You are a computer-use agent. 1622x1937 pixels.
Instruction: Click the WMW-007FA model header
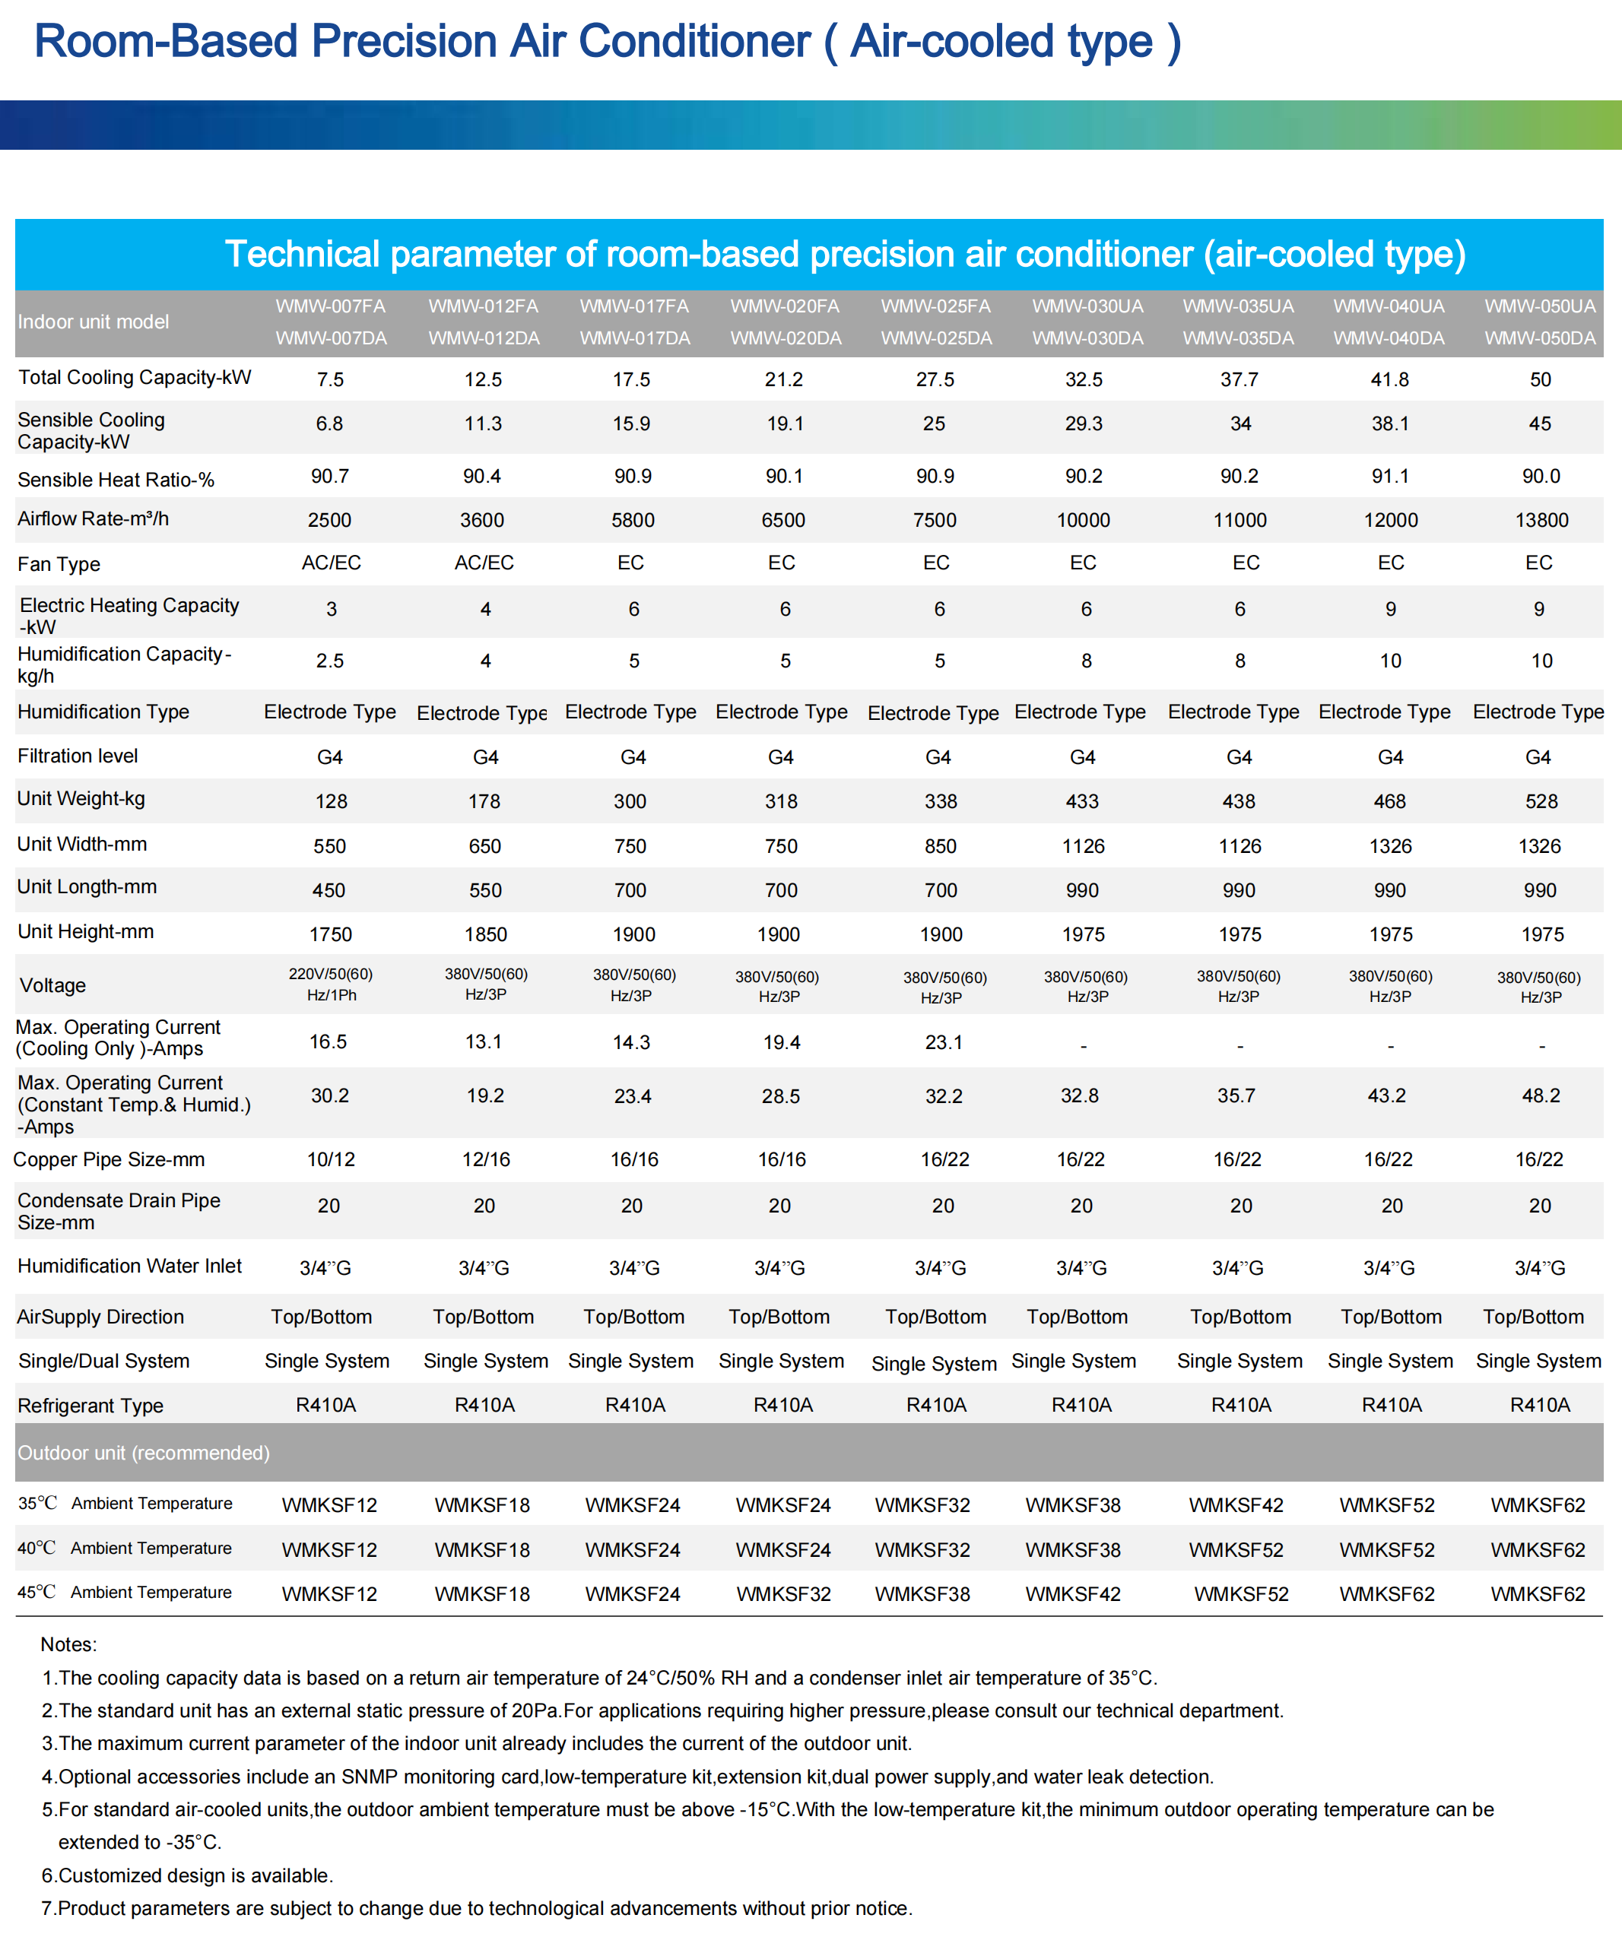point(330,306)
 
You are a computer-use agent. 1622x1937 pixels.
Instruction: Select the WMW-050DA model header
point(1540,338)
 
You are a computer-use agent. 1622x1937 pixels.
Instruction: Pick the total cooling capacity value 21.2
point(783,380)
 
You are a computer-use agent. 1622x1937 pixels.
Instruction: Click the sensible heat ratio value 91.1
point(1389,477)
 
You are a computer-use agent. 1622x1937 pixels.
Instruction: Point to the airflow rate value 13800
point(1541,520)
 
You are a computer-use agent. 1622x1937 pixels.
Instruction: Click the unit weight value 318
point(780,801)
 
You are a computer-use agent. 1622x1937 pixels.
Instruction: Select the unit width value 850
point(940,847)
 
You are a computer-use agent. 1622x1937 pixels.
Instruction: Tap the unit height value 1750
point(330,935)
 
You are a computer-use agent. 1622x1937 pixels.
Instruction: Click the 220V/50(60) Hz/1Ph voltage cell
point(330,985)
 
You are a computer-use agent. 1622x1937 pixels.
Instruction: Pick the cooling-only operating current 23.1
point(943,1043)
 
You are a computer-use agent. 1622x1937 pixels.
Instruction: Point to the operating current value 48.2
point(1541,1095)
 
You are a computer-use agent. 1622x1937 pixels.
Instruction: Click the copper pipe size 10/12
point(330,1160)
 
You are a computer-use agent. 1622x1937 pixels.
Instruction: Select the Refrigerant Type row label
point(90,1406)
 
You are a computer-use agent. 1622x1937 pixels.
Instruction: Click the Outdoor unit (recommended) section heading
point(144,1453)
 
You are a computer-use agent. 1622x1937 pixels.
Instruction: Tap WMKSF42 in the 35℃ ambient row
point(1236,1505)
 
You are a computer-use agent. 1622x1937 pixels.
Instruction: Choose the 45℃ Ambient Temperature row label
point(125,1593)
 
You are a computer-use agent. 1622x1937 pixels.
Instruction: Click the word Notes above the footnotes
point(68,1644)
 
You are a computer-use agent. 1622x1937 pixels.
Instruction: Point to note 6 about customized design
point(187,1875)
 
